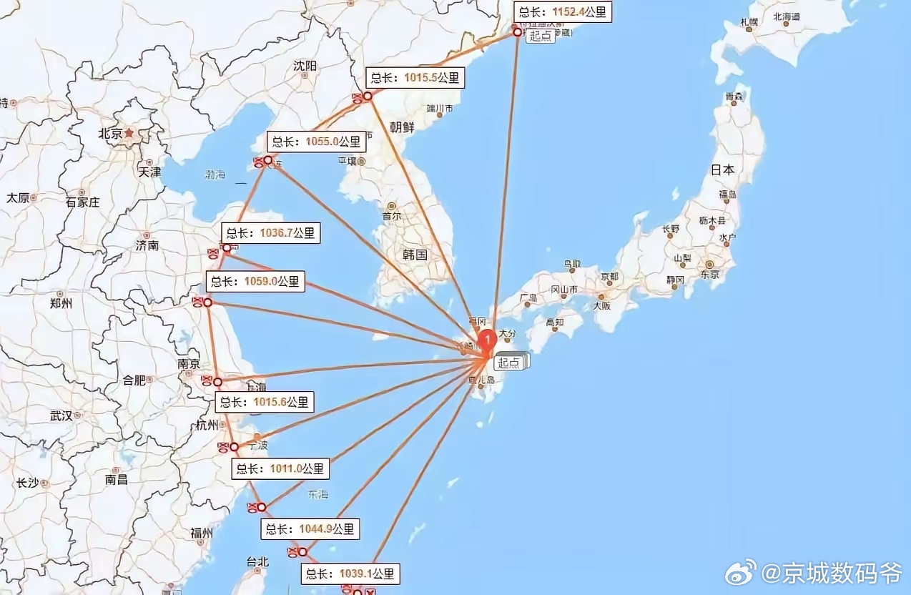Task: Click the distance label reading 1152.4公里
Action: pos(563,12)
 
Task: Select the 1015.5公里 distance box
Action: pos(415,78)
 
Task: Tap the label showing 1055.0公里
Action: pos(317,142)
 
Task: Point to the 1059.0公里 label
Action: pos(255,282)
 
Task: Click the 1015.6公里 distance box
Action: pos(264,402)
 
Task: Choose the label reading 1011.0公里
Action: pos(281,469)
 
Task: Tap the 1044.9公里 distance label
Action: pos(310,529)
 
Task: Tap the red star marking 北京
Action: pos(129,133)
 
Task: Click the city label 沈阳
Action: pos(305,66)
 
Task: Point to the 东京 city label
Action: pos(709,275)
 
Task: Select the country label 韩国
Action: pos(415,255)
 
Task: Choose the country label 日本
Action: pos(722,170)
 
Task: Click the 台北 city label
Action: pos(256,561)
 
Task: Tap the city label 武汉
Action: pos(61,415)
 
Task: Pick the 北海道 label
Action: pos(787,16)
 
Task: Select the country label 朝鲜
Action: pos(402,127)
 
